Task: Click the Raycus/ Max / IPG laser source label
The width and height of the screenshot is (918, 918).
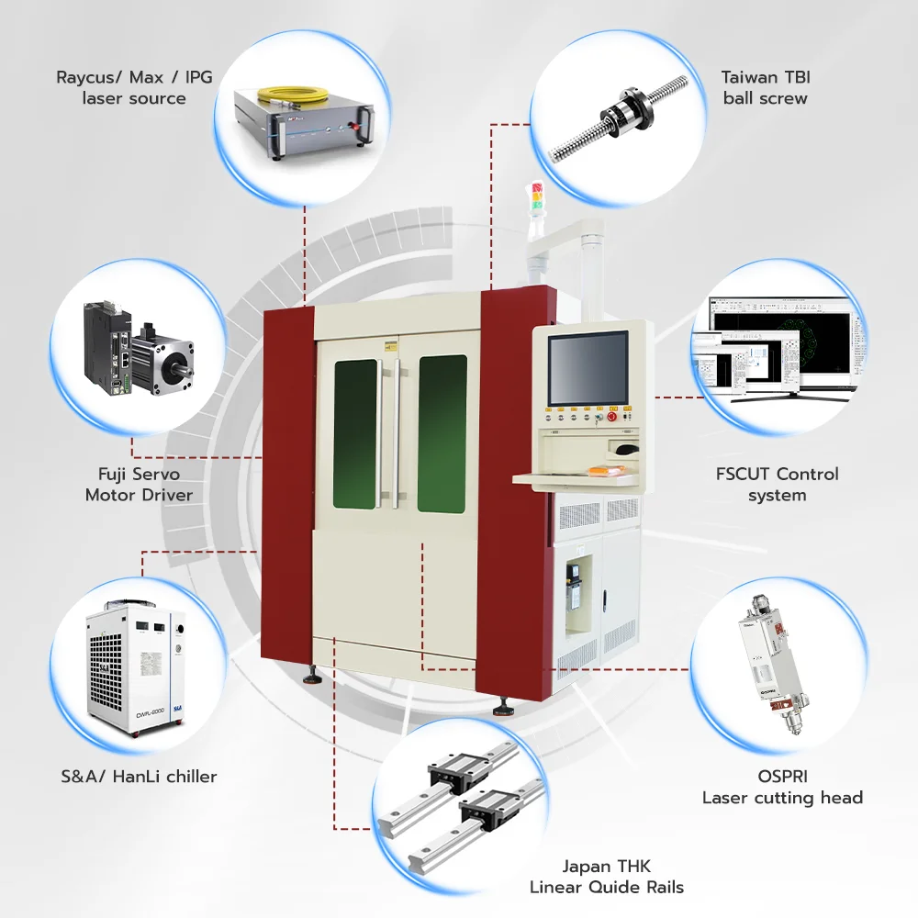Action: coord(134,87)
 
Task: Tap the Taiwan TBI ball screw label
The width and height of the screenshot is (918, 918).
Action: coord(766,87)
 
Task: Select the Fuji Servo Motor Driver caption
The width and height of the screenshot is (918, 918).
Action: coord(139,485)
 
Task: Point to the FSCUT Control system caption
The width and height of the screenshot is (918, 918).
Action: coord(777,485)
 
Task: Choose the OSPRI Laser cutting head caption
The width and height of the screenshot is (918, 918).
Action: coord(782,787)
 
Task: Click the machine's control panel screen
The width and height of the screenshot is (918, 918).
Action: coord(588,368)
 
